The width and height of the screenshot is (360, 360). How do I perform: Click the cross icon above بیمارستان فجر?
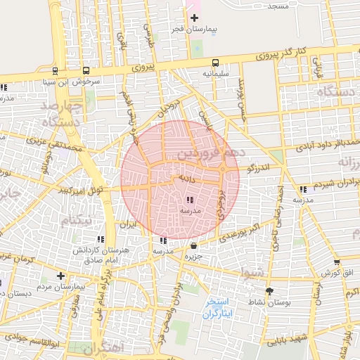[x=194, y=17]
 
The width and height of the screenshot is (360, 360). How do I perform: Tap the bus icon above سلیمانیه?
[x=214, y=62]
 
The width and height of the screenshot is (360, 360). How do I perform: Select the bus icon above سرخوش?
[x=86, y=70]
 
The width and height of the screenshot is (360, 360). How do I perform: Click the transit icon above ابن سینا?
[x=55, y=70]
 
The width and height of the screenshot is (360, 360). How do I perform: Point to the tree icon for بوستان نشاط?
[x=269, y=290]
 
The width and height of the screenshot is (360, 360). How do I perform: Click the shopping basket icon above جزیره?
[x=194, y=245]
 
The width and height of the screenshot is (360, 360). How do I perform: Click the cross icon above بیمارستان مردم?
[x=61, y=276]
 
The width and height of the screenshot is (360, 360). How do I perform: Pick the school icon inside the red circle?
[x=190, y=201]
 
